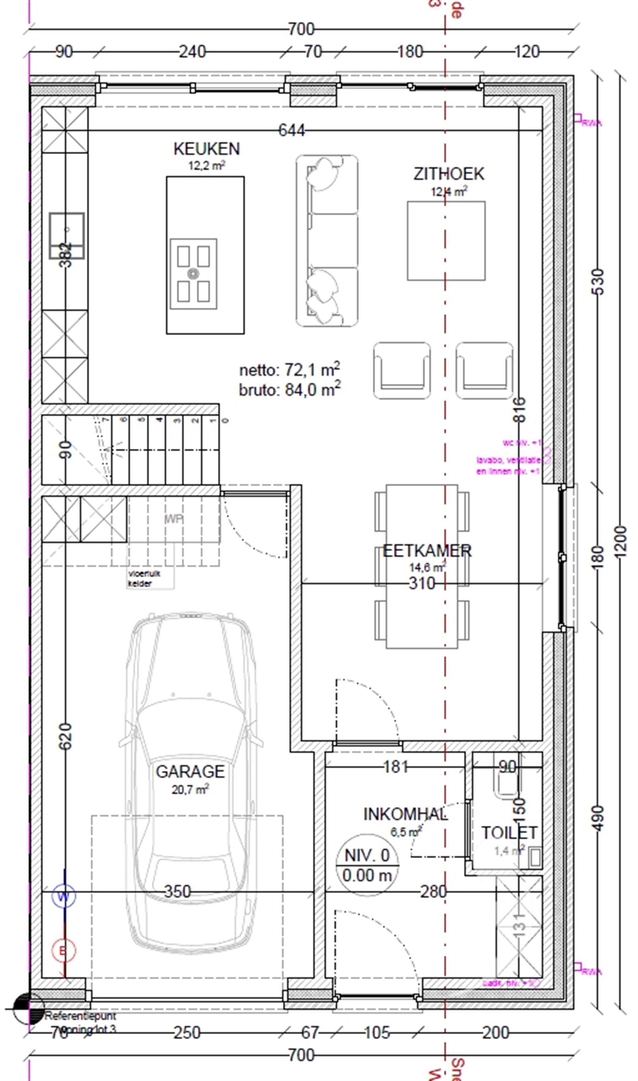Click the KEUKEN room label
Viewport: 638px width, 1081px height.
click(x=206, y=149)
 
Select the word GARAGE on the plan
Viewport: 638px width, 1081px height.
click(x=190, y=772)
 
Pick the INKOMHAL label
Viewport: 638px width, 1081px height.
click(x=405, y=814)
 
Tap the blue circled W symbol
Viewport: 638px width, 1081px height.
click(x=63, y=897)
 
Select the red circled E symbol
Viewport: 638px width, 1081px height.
click(x=63, y=951)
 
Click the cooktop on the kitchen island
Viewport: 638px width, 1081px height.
click(x=193, y=274)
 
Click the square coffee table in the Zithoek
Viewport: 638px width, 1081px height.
click(x=446, y=241)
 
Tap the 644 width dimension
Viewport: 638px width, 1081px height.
click(x=291, y=130)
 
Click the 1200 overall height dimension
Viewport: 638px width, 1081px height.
click(x=621, y=542)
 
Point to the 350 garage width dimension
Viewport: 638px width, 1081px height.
click(x=177, y=892)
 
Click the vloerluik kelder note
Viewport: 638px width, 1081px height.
click(x=140, y=579)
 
